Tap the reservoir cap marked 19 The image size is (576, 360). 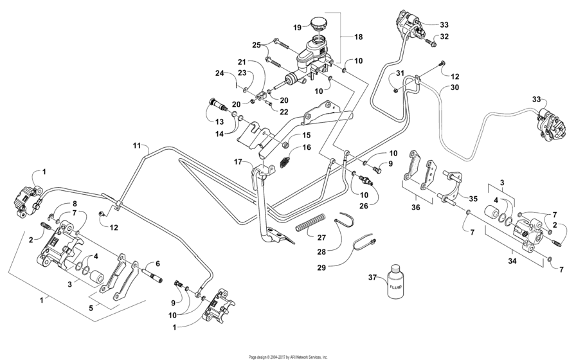(318, 28)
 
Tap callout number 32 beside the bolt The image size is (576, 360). (444, 37)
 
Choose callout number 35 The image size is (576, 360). (474, 199)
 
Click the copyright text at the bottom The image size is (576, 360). (287, 356)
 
